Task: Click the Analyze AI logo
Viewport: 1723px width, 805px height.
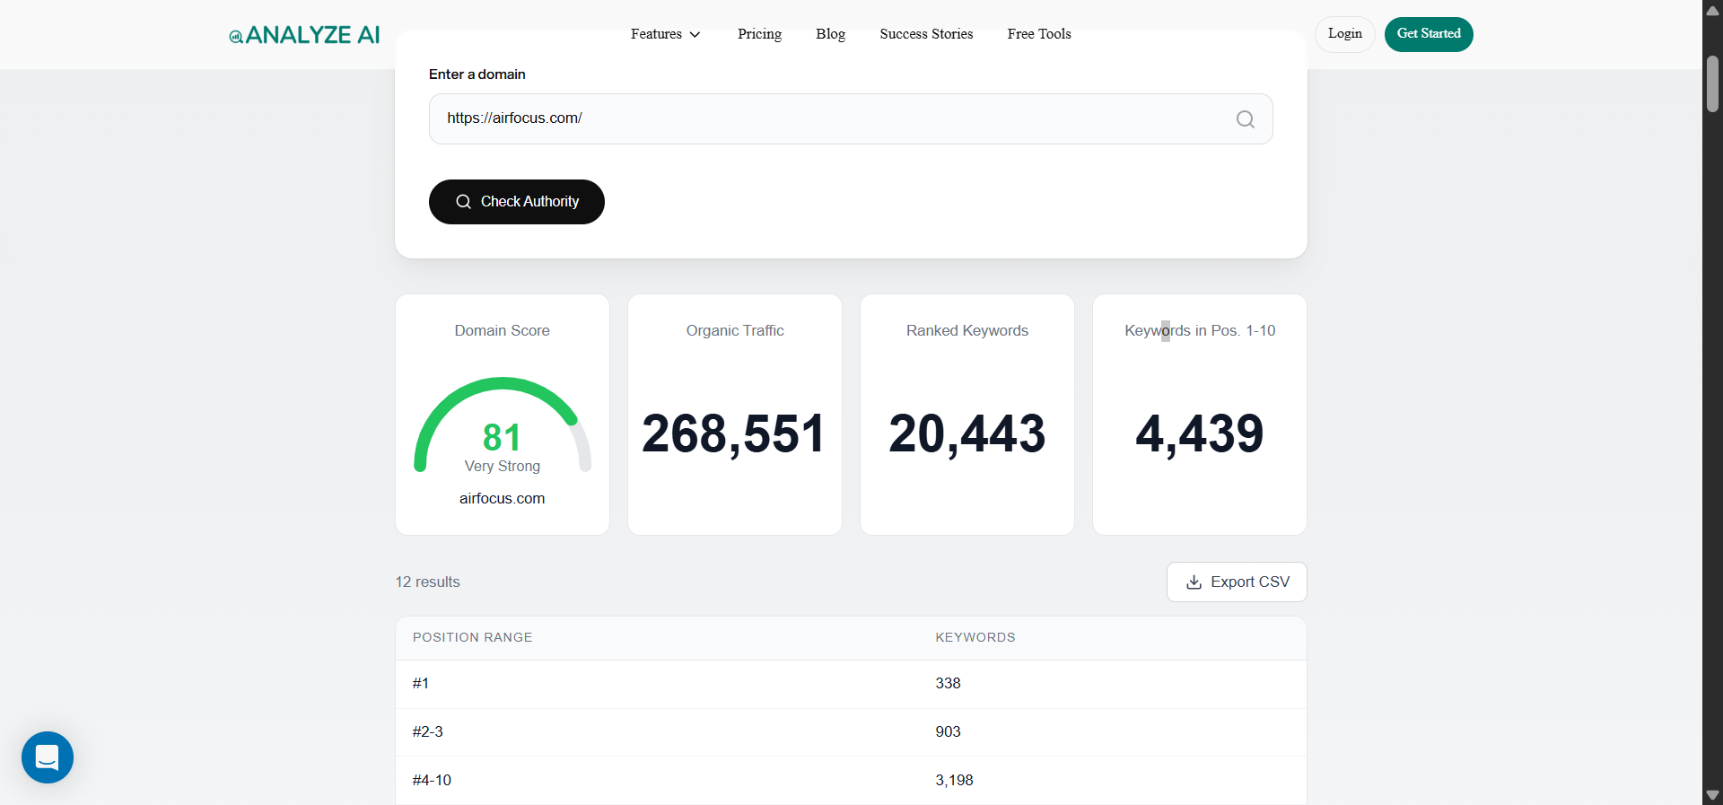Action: pos(304,35)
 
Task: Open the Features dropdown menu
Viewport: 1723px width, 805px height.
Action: pos(665,34)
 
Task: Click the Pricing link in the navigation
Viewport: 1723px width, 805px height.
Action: pos(759,34)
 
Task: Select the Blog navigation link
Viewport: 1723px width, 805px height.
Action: pos(830,34)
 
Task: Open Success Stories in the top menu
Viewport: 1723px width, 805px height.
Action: pos(926,34)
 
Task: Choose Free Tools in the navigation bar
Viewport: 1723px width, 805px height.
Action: pos(1039,34)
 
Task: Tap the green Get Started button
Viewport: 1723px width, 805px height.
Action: pos(1428,34)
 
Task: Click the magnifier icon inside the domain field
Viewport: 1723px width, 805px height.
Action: pos(1245,119)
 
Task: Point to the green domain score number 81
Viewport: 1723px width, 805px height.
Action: pos(502,438)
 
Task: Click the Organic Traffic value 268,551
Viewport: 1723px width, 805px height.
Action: pos(734,434)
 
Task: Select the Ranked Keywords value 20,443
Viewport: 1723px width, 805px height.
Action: pos(966,434)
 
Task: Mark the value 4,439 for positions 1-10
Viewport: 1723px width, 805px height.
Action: pos(1199,434)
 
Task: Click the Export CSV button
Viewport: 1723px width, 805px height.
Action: pos(1237,582)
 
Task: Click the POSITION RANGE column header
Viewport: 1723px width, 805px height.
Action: pos(472,637)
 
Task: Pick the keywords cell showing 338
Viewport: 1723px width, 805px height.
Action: pos(948,684)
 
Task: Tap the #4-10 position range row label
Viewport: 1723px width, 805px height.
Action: pos(432,781)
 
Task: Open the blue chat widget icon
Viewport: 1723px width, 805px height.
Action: pos(48,757)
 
